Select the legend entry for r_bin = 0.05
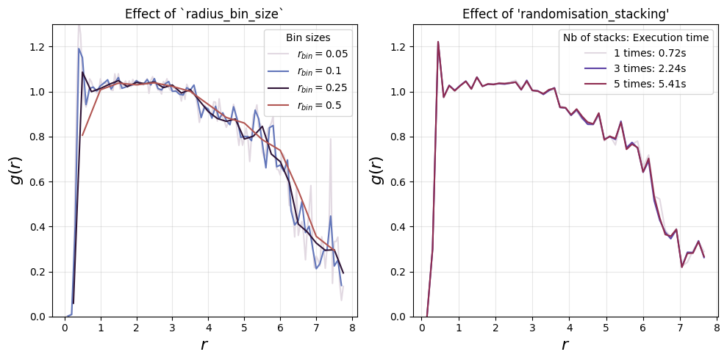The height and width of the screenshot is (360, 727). coord(308,54)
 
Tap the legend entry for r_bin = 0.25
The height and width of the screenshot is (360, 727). coord(308,88)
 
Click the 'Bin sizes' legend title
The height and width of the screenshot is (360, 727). coord(308,37)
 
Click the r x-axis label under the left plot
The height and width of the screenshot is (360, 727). coord(204,345)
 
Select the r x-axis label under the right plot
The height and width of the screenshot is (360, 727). coord(565,345)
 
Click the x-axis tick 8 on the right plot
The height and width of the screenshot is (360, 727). coord(716,327)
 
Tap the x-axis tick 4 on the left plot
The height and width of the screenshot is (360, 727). coord(208,327)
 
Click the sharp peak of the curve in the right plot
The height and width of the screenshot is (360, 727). coord(437,42)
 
